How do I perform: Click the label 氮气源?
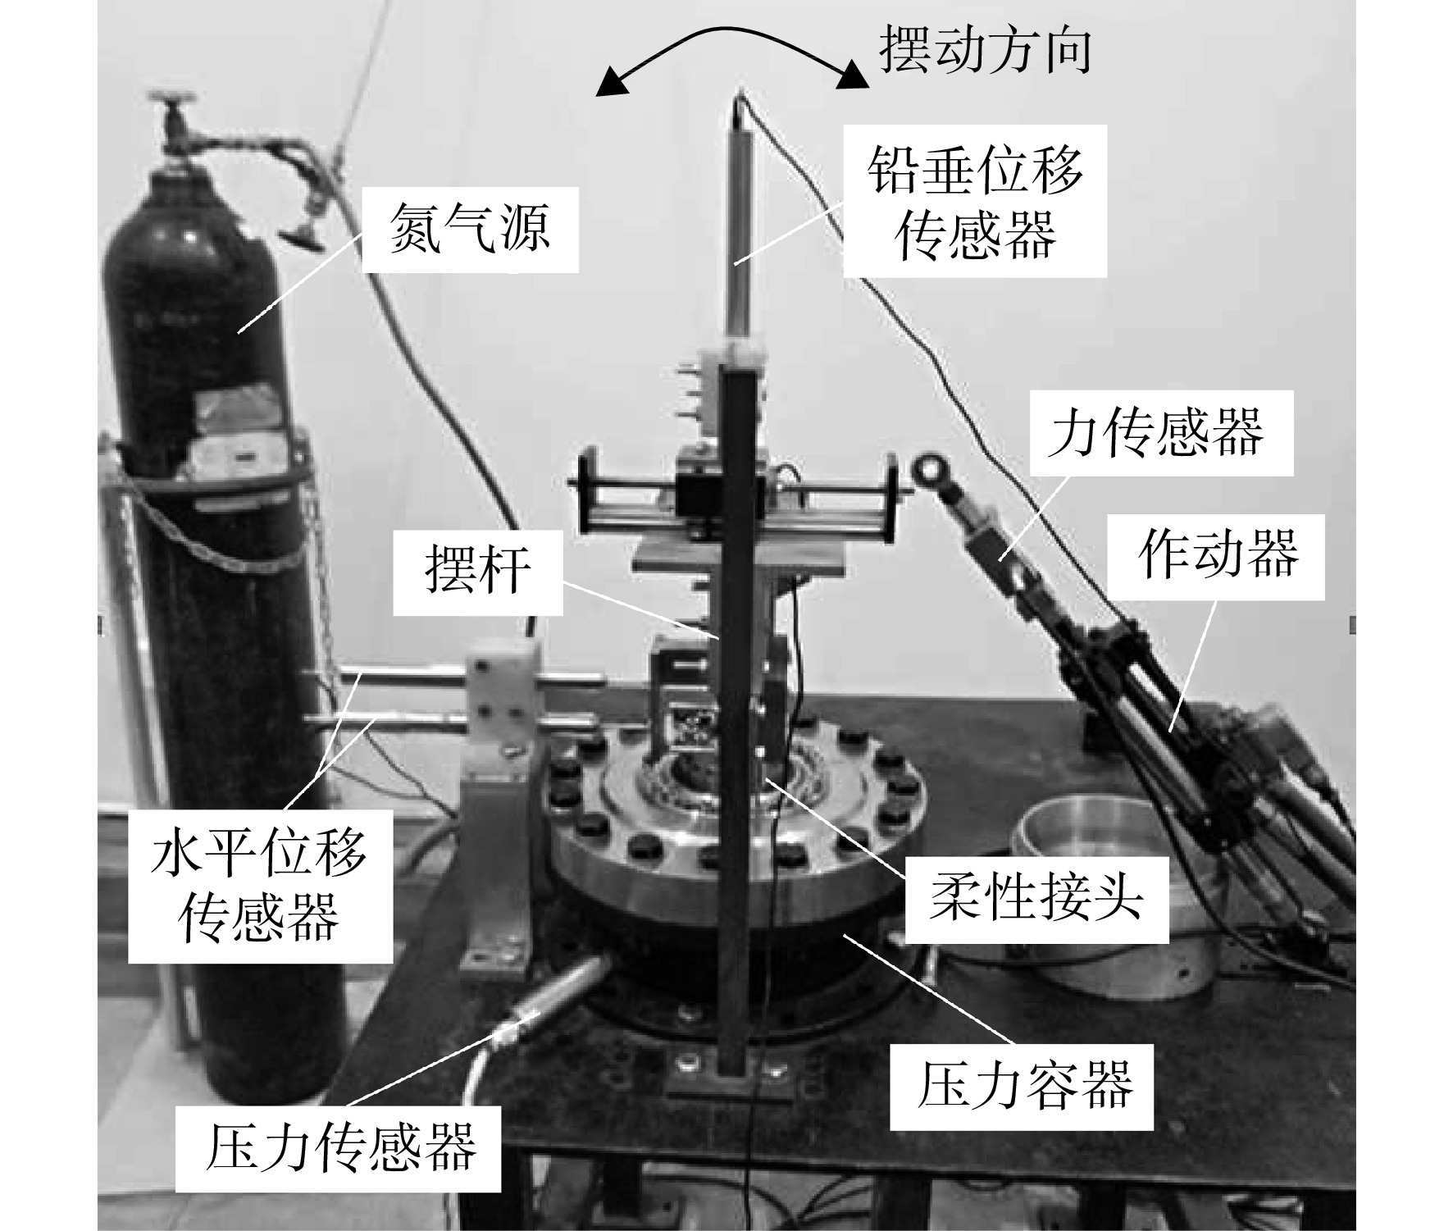point(470,229)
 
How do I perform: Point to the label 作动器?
point(1218,554)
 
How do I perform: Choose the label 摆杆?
point(477,571)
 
